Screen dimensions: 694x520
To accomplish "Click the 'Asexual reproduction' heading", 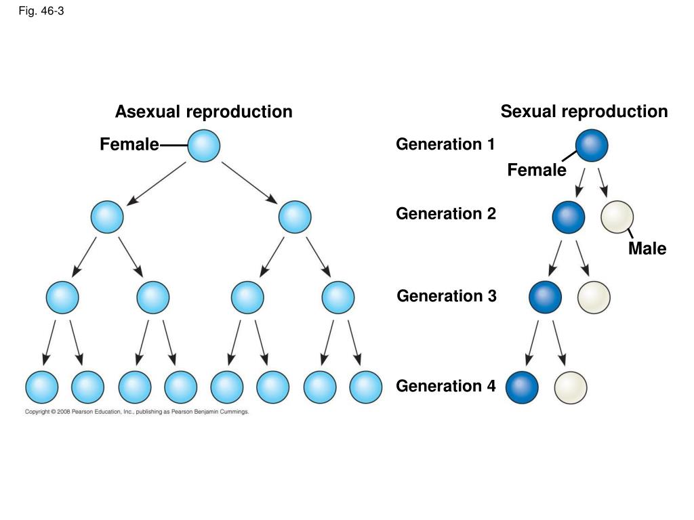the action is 203,112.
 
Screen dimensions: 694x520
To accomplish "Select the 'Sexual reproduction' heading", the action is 584,112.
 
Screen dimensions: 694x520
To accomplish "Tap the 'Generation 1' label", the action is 445,144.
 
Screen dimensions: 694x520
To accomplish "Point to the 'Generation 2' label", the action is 446,213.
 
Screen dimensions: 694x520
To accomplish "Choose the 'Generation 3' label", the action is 447,296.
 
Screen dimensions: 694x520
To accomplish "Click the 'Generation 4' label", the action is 446,386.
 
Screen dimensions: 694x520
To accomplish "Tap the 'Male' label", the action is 647,248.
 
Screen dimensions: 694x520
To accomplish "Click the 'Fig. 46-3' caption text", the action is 41,11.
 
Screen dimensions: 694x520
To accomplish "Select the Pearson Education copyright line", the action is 137,412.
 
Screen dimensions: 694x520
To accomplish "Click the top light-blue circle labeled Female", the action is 203,146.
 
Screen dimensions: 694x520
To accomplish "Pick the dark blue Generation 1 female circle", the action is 592,146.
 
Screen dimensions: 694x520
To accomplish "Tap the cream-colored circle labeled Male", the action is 617,217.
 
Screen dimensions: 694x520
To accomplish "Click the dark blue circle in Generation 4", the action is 522,387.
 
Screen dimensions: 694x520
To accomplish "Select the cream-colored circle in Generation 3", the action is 594,298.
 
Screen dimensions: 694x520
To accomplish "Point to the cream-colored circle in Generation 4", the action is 571,387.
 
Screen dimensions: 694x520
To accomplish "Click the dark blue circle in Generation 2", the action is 569,217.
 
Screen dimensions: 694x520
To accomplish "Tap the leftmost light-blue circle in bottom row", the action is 41,387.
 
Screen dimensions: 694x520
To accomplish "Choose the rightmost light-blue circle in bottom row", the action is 365,387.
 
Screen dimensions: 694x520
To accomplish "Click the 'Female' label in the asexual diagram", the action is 129,144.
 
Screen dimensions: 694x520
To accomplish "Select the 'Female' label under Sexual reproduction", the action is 537,170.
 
